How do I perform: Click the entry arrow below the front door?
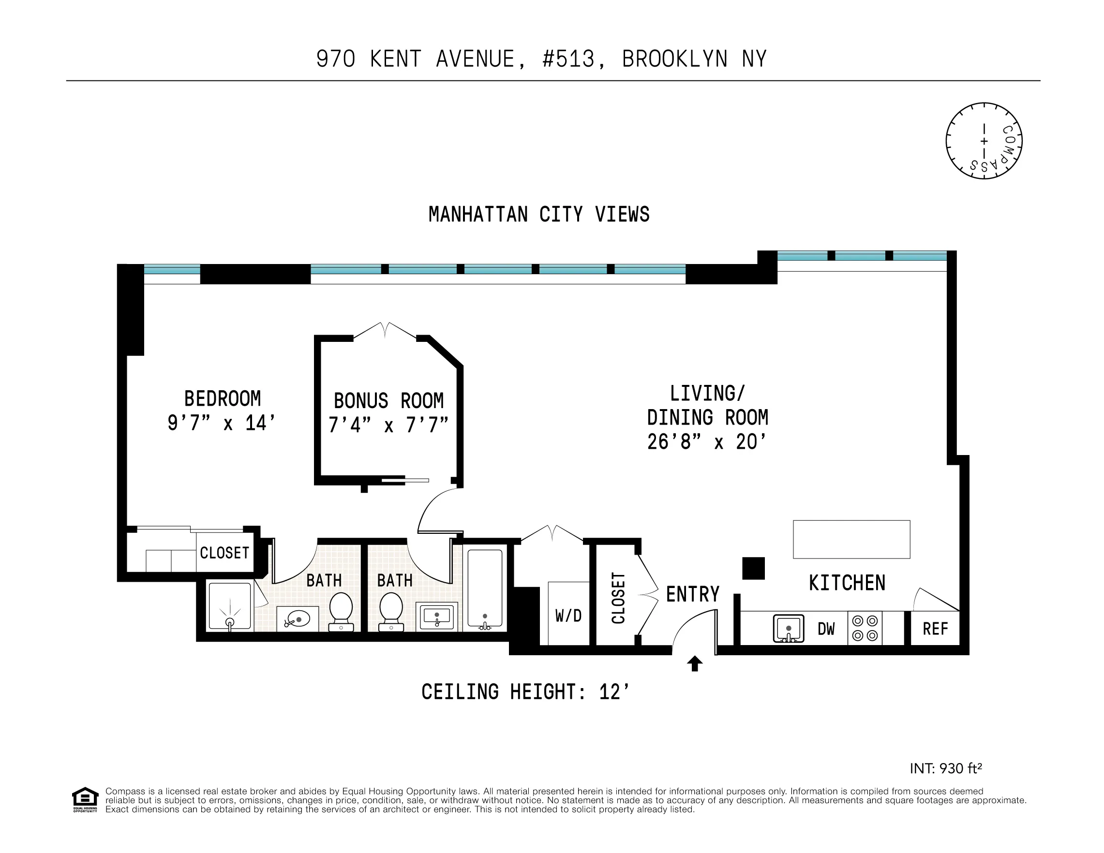(x=695, y=663)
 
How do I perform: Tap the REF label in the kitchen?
(x=935, y=629)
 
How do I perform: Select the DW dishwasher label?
(x=826, y=629)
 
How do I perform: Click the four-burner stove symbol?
(x=865, y=628)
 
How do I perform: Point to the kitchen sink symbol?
(x=788, y=629)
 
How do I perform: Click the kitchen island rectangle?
(x=851, y=540)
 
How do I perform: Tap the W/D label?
(x=568, y=616)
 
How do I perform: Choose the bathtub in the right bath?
(x=485, y=588)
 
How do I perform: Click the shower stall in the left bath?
(x=230, y=606)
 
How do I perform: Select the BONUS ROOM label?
(x=388, y=401)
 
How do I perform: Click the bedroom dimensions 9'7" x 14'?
(x=222, y=423)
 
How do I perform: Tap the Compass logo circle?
(x=984, y=141)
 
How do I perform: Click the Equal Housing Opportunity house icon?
(x=85, y=798)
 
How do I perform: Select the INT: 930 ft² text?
(x=945, y=768)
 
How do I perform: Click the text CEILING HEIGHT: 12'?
(x=526, y=692)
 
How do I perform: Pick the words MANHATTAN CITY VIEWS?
(x=539, y=214)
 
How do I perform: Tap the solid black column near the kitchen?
(x=753, y=569)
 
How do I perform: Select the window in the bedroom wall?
(x=172, y=270)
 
